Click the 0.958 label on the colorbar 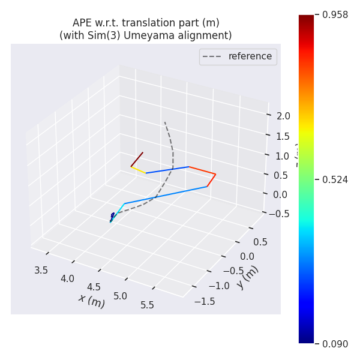[x=335, y=14]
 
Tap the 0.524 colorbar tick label [x=335, y=179]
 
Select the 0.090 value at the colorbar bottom [x=335, y=344]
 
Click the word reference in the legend [x=250, y=56]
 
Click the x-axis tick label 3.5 [x=41, y=270]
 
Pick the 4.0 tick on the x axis [x=67, y=278]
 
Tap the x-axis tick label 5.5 [x=147, y=305]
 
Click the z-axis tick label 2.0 [x=283, y=116]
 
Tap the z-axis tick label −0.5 [x=279, y=214]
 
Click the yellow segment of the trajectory [x=139, y=170]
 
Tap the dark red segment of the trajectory [x=137, y=159]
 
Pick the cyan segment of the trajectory [x=118, y=212]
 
